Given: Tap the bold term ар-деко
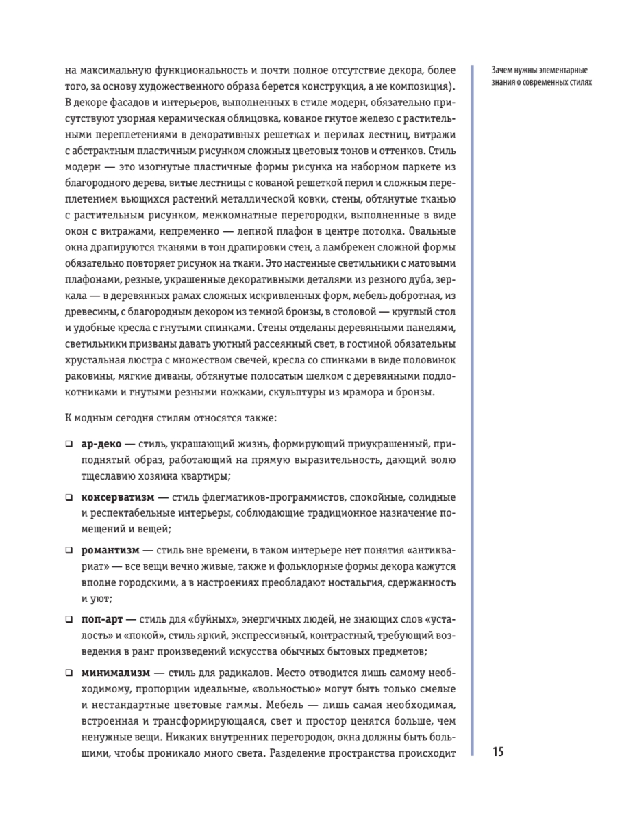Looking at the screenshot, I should (101, 444).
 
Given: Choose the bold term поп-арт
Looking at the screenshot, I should (103, 618).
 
